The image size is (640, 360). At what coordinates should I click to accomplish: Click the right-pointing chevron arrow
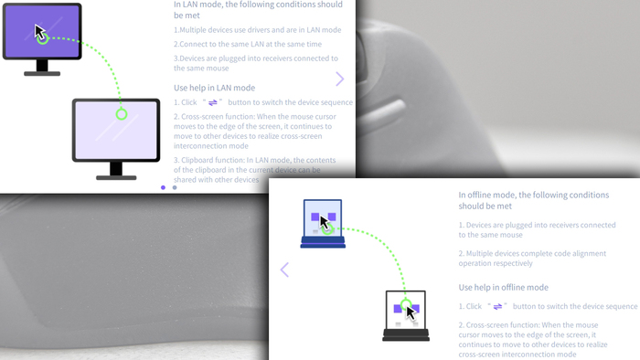click(x=339, y=79)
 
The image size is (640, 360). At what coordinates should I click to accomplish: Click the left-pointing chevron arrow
click(x=284, y=270)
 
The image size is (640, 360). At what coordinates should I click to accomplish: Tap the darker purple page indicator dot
click(x=164, y=187)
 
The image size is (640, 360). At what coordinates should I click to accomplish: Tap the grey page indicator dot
click(x=175, y=187)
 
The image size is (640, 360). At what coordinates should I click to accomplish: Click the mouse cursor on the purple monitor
click(x=39, y=32)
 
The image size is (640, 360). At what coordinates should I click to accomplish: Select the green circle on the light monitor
click(x=122, y=114)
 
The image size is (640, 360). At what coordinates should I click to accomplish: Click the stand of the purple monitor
click(x=42, y=68)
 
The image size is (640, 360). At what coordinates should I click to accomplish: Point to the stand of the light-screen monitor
click(x=116, y=171)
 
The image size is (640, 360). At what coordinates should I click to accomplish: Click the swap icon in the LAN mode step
click(x=213, y=102)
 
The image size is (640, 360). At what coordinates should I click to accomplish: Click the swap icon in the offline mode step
click(x=497, y=307)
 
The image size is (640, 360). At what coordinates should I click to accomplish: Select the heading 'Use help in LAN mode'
click(x=214, y=88)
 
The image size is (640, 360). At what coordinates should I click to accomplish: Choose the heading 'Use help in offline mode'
click(x=503, y=288)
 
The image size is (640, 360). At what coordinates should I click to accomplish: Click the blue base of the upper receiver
click(x=323, y=242)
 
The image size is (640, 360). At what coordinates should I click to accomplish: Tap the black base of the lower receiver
click(x=406, y=335)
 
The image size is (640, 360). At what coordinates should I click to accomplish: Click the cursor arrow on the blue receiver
click(x=325, y=223)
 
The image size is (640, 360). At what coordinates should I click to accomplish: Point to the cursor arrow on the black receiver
click(x=411, y=313)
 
